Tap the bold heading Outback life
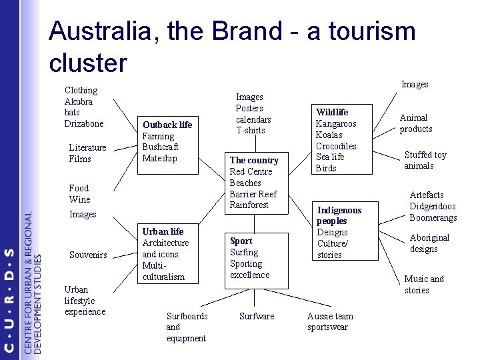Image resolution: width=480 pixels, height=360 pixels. coord(167,125)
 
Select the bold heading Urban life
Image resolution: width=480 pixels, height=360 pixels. coord(163,231)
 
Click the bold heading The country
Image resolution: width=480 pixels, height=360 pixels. coord(254,160)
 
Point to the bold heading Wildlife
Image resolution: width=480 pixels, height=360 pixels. coord(332,112)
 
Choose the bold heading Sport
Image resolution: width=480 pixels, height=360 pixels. coord(241,241)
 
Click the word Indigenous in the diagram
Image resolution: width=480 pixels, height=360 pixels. coord(339,210)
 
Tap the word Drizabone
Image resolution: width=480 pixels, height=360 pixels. coord(84,123)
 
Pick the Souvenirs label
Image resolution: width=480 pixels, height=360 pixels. coord(88,255)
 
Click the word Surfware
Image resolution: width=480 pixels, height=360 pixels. coord(257,316)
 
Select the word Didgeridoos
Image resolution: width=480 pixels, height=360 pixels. coord(433,206)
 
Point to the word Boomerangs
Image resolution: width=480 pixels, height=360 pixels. coord(433,217)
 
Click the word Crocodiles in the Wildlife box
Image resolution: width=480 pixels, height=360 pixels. coord(336,146)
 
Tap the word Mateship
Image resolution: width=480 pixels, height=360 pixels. coord(160,159)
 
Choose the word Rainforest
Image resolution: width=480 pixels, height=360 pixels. coord(249,205)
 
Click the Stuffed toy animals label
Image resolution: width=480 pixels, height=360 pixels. coord(425,160)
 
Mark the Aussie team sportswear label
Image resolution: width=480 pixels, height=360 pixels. coord(330,321)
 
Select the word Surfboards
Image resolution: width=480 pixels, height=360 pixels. coord(187,316)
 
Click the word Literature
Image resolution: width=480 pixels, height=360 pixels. coord(87,147)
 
